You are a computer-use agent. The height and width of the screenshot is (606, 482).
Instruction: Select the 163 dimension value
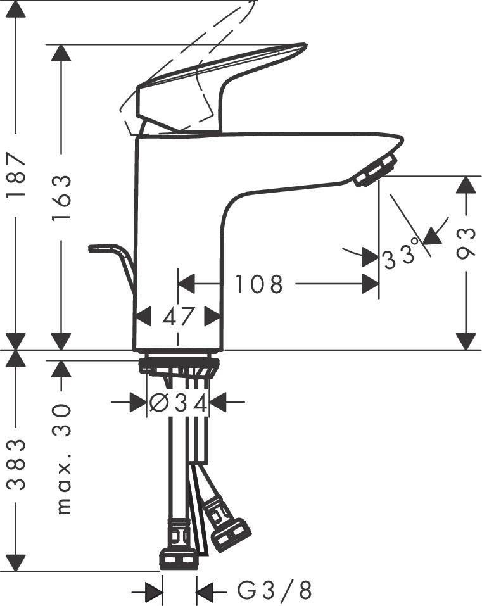[x=61, y=197]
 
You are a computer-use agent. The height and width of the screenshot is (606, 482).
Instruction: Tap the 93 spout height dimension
[x=466, y=244]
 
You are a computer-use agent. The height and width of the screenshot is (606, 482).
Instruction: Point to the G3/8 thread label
[x=275, y=591]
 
